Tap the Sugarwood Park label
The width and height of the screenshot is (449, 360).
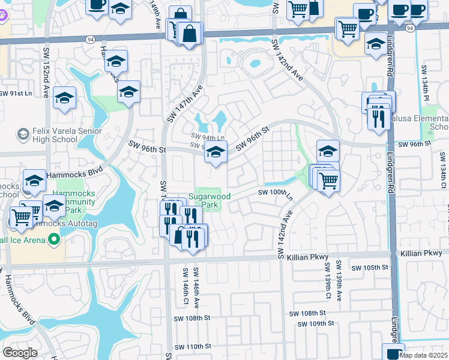[x=209, y=200]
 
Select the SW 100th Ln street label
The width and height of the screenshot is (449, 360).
[x=274, y=193]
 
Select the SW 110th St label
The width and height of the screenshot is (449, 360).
[x=193, y=347]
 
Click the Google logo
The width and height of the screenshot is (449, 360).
[x=20, y=352]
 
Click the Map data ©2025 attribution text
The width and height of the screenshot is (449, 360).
[x=424, y=355]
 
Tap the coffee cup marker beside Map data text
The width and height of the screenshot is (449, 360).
[x=393, y=352]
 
